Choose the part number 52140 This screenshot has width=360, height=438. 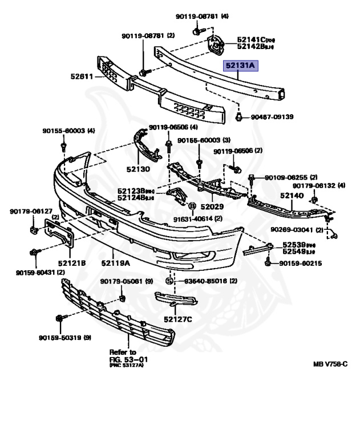coord(291,195)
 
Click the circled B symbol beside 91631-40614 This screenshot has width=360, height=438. coord(192,206)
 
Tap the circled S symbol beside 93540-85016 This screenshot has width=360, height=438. coord(169,281)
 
